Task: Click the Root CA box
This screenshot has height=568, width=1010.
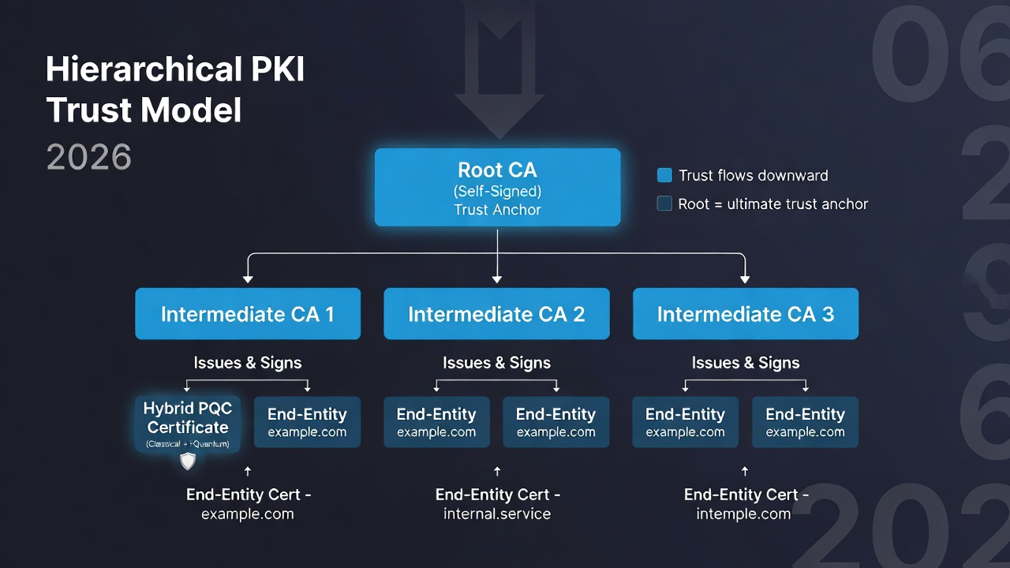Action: pyautogui.click(x=497, y=188)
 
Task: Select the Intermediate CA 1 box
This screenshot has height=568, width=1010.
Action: pyautogui.click(x=248, y=314)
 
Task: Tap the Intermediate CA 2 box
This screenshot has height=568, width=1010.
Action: pyautogui.click(x=496, y=314)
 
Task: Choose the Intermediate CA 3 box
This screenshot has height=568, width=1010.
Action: pyautogui.click(x=745, y=314)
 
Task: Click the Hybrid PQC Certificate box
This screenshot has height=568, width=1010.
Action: pyautogui.click(x=188, y=422)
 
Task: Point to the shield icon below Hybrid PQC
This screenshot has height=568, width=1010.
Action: pyautogui.click(x=188, y=461)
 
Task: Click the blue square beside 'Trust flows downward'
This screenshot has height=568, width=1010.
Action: pyautogui.click(x=664, y=175)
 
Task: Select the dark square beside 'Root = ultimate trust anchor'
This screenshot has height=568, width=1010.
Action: pyautogui.click(x=664, y=204)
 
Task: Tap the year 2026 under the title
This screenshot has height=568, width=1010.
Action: pyautogui.click(x=88, y=158)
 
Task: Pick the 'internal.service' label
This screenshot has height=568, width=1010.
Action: pyautogui.click(x=497, y=514)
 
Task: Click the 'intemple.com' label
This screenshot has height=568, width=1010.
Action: pyautogui.click(x=743, y=514)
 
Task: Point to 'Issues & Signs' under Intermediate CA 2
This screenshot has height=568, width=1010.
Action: pyautogui.click(x=496, y=363)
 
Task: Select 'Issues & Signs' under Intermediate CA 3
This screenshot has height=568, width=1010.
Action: pyautogui.click(x=746, y=363)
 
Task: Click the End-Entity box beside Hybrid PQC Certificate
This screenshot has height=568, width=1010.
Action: pyautogui.click(x=307, y=422)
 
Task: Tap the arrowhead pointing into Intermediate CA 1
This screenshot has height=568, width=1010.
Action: pyautogui.click(x=248, y=278)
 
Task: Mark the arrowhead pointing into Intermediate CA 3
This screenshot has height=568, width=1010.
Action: pyautogui.click(x=745, y=278)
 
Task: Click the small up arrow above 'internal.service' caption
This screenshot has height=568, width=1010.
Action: pyautogui.click(x=497, y=472)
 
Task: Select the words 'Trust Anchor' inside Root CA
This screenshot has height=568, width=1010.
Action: pyautogui.click(x=497, y=210)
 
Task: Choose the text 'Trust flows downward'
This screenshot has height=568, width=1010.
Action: pyautogui.click(x=754, y=175)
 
